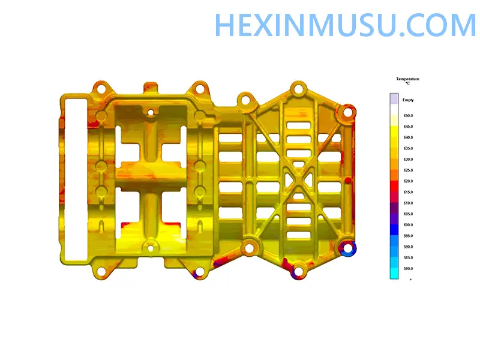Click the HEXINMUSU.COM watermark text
(x=346, y=25)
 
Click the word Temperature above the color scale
(x=407, y=79)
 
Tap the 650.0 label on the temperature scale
(x=408, y=116)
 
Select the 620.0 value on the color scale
(x=408, y=181)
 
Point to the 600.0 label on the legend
(x=408, y=225)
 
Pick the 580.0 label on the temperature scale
(x=408, y=269)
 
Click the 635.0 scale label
(x=408, y=148)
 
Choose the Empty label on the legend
(x=408, y=100)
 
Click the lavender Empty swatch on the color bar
(x=394, y=99)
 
